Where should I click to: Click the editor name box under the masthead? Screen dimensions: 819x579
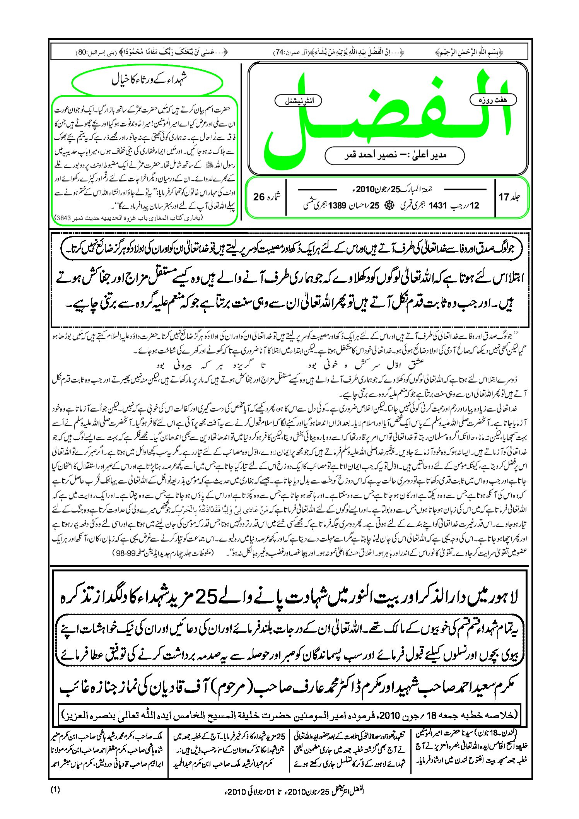pos(395,156)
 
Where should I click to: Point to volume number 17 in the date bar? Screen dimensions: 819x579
pos(504,197)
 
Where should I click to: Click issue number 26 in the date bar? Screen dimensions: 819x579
pos(259,197)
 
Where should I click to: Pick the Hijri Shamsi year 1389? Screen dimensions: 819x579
pos(336,205)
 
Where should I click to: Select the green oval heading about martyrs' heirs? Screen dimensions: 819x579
pos(147,81)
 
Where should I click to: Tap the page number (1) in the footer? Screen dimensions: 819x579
pos(55,790)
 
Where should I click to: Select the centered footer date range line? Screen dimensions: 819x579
pos(289,791)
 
